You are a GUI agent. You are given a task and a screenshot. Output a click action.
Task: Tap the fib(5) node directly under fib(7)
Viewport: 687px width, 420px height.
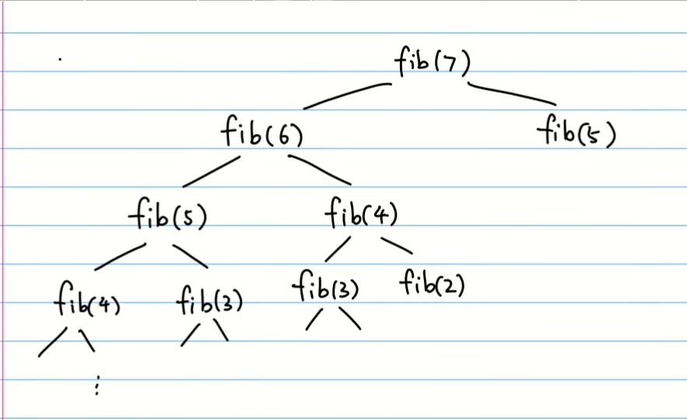[x=577, y=135]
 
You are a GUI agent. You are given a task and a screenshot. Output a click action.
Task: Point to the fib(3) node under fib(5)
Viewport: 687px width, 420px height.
[x=209, y=300]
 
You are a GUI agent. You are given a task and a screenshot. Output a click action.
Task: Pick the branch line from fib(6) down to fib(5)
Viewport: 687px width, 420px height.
[x=211, y=172]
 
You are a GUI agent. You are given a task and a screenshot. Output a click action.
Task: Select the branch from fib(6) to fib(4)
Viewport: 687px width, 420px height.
[x=320, y=170]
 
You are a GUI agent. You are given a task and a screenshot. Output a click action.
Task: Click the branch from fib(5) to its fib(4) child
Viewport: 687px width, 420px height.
[x=120, y=257]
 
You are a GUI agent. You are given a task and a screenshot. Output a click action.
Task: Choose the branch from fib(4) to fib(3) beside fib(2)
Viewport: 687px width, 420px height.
[x=335, y=250]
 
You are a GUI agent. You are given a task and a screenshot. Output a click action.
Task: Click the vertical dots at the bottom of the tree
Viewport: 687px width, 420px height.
[x=96, y=387]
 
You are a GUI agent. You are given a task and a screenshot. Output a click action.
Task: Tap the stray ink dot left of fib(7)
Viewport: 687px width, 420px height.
[x=60, y=58]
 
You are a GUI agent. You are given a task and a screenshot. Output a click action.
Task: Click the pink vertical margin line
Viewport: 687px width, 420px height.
[x=4, y=233]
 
